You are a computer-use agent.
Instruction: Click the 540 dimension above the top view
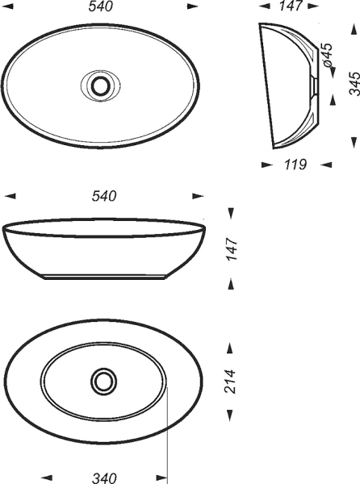pyautogui.click(x=101, y=6)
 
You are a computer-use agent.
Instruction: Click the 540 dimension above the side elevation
pyautogui.click(x=104, y=196)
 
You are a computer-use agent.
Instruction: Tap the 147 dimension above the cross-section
pyautogui.click(x=291, y=6)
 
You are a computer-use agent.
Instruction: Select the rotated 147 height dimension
pyautogui.click(x=232, y=248)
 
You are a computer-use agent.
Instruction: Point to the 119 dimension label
pyautogui.click(x=295, y=165)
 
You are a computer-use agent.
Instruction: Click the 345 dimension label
pyautogui.click(x=354, y=83)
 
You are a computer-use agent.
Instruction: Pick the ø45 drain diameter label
pyautogui.click(x=327, y=55)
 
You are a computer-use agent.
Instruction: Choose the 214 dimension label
pyautogui.click(x=230, y=381)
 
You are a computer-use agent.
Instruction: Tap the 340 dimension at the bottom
pyautogui.click(x=104, y=478)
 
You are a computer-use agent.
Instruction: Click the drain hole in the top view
pyautogui.click(x=100, y=86)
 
